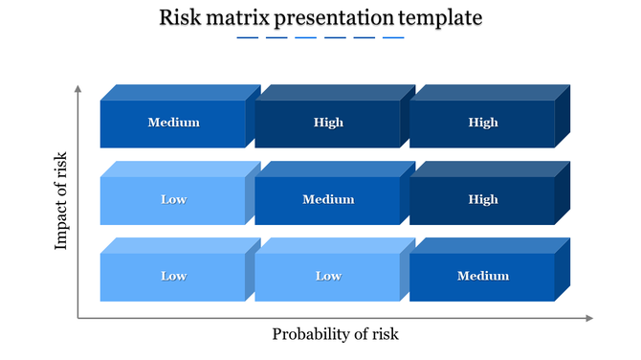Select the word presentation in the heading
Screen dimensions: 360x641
click(332, 17)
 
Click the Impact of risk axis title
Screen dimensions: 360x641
click(62, 200)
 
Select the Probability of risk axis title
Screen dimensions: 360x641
click(335, 334)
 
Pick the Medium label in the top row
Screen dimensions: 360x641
click(173, 123)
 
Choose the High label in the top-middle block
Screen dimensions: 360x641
click(328, 123)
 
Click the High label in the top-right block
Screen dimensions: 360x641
click(483, 123)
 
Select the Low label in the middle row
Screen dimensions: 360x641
click(173, 199)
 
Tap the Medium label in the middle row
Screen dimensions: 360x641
click(328, 199)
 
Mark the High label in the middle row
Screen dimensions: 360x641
click(483, 199)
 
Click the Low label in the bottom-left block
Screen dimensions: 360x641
click(173, 276)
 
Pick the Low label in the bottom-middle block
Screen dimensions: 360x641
click(328, 276)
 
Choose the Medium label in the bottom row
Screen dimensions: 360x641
click(483, 276)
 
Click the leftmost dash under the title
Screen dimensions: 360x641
click(247, 38)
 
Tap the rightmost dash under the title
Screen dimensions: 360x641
click(393, 38)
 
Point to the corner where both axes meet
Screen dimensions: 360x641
click(77, 318)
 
